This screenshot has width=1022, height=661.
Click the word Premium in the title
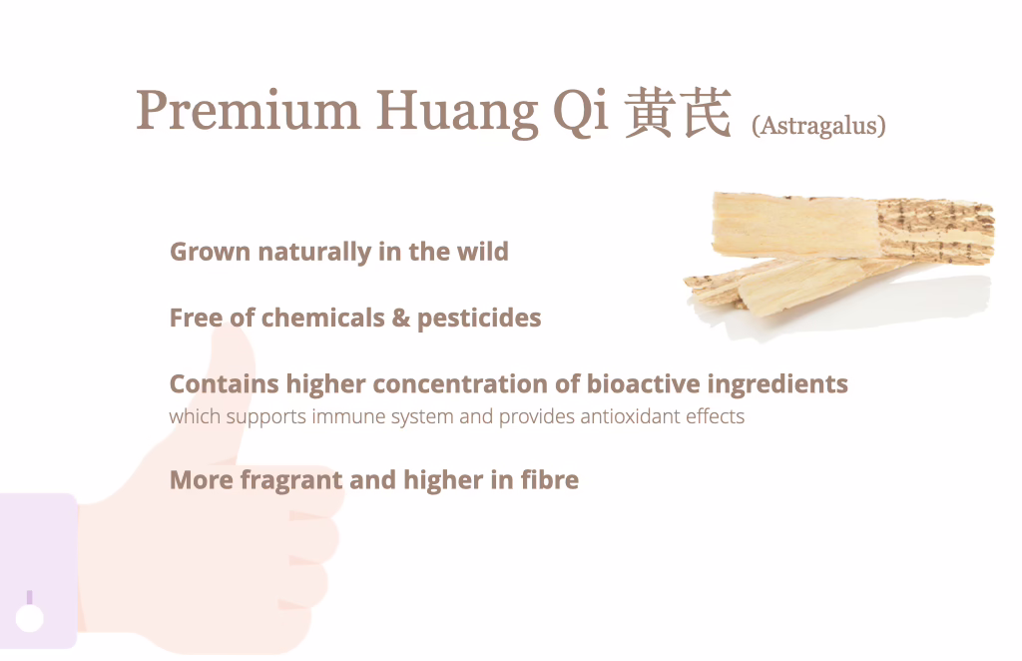point(248,110)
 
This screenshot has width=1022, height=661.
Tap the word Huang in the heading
point(457,113)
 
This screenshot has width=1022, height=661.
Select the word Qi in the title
point(581,112)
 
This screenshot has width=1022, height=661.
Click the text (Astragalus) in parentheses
point(818,125)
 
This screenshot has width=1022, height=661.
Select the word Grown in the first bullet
point(210,252)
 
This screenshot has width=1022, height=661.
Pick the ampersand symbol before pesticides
point(401,319)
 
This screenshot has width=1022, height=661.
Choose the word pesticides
point(479,319)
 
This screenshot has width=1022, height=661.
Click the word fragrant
point(291,481)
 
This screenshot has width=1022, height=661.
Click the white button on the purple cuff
point(29,618)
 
